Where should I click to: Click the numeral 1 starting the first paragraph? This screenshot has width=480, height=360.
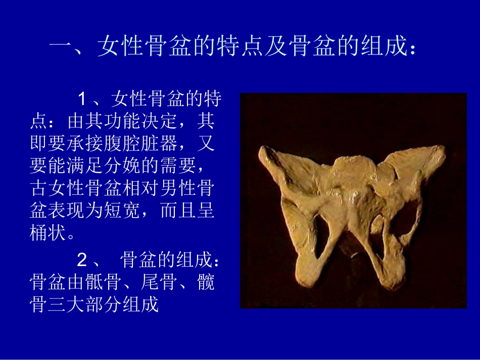coord(82,99)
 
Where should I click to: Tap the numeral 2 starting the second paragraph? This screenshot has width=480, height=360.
coord(82,261)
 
